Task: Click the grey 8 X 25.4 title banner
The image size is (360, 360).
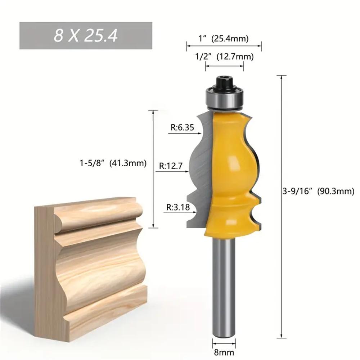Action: [x=86, y=36]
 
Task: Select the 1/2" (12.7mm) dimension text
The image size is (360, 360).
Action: [x=224, y=57]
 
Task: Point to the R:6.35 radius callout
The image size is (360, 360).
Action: [x=180, y=127]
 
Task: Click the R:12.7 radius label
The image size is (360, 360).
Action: [x=171, y=166]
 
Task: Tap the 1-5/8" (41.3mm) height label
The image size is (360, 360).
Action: [x=113, y=163]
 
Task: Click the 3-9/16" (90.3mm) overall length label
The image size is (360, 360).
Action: [x=321, y=192]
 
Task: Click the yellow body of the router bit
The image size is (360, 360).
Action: [x=232, y=173]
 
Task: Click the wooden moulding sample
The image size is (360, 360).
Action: [x=90, y=266]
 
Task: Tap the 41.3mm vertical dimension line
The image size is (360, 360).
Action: [x=153, y=169]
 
